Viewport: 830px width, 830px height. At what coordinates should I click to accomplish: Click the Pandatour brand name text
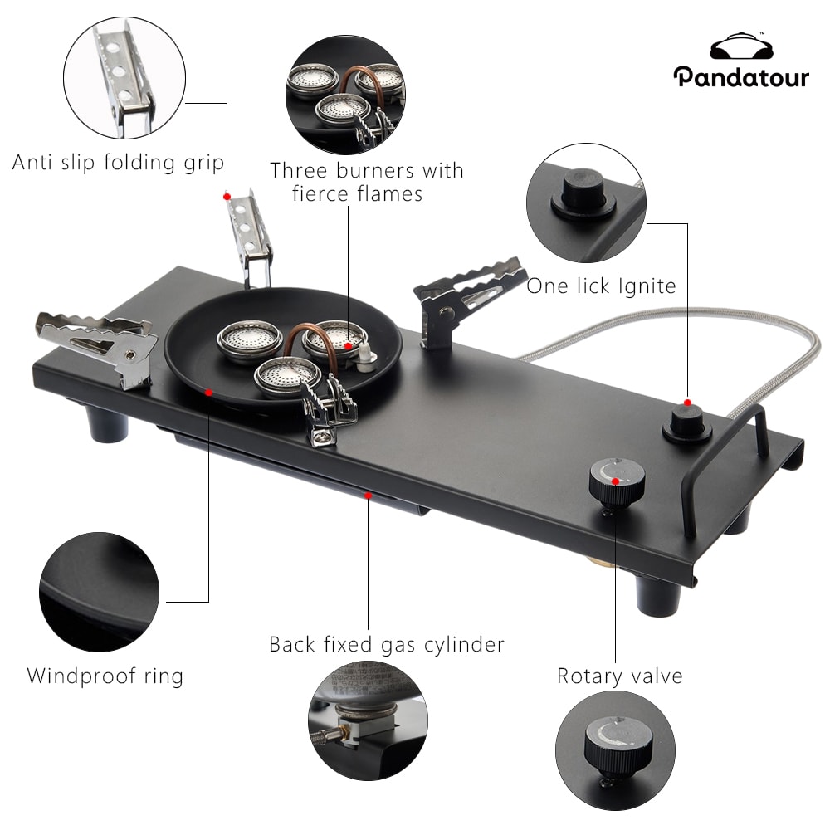click(740, 77)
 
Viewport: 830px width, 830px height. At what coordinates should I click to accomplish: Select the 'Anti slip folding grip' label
click(118, 162)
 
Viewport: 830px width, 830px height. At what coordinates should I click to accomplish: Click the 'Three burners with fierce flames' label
click(366, 182)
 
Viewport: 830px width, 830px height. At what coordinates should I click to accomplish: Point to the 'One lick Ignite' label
click(601, 286)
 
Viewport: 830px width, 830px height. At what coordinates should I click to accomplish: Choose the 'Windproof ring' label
click(105, 676)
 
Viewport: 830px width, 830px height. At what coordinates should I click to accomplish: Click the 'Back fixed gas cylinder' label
click(386, 644)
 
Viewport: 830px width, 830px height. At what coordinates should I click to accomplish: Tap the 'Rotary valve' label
click(619, 676)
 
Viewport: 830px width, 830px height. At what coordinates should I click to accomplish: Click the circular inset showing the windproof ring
click(98, 592)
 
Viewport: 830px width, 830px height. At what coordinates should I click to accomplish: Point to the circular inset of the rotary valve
click(614, 749)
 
